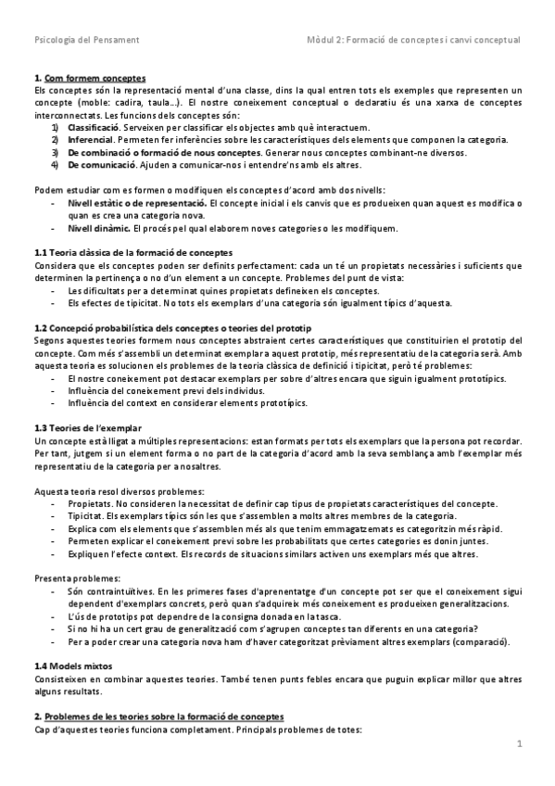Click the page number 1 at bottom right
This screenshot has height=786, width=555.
[x=520, y=743]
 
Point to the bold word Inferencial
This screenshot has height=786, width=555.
[x=90, y=139]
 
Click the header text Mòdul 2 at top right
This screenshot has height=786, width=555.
[x=413, y=40]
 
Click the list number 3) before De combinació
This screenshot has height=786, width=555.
[x=57, y=151]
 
